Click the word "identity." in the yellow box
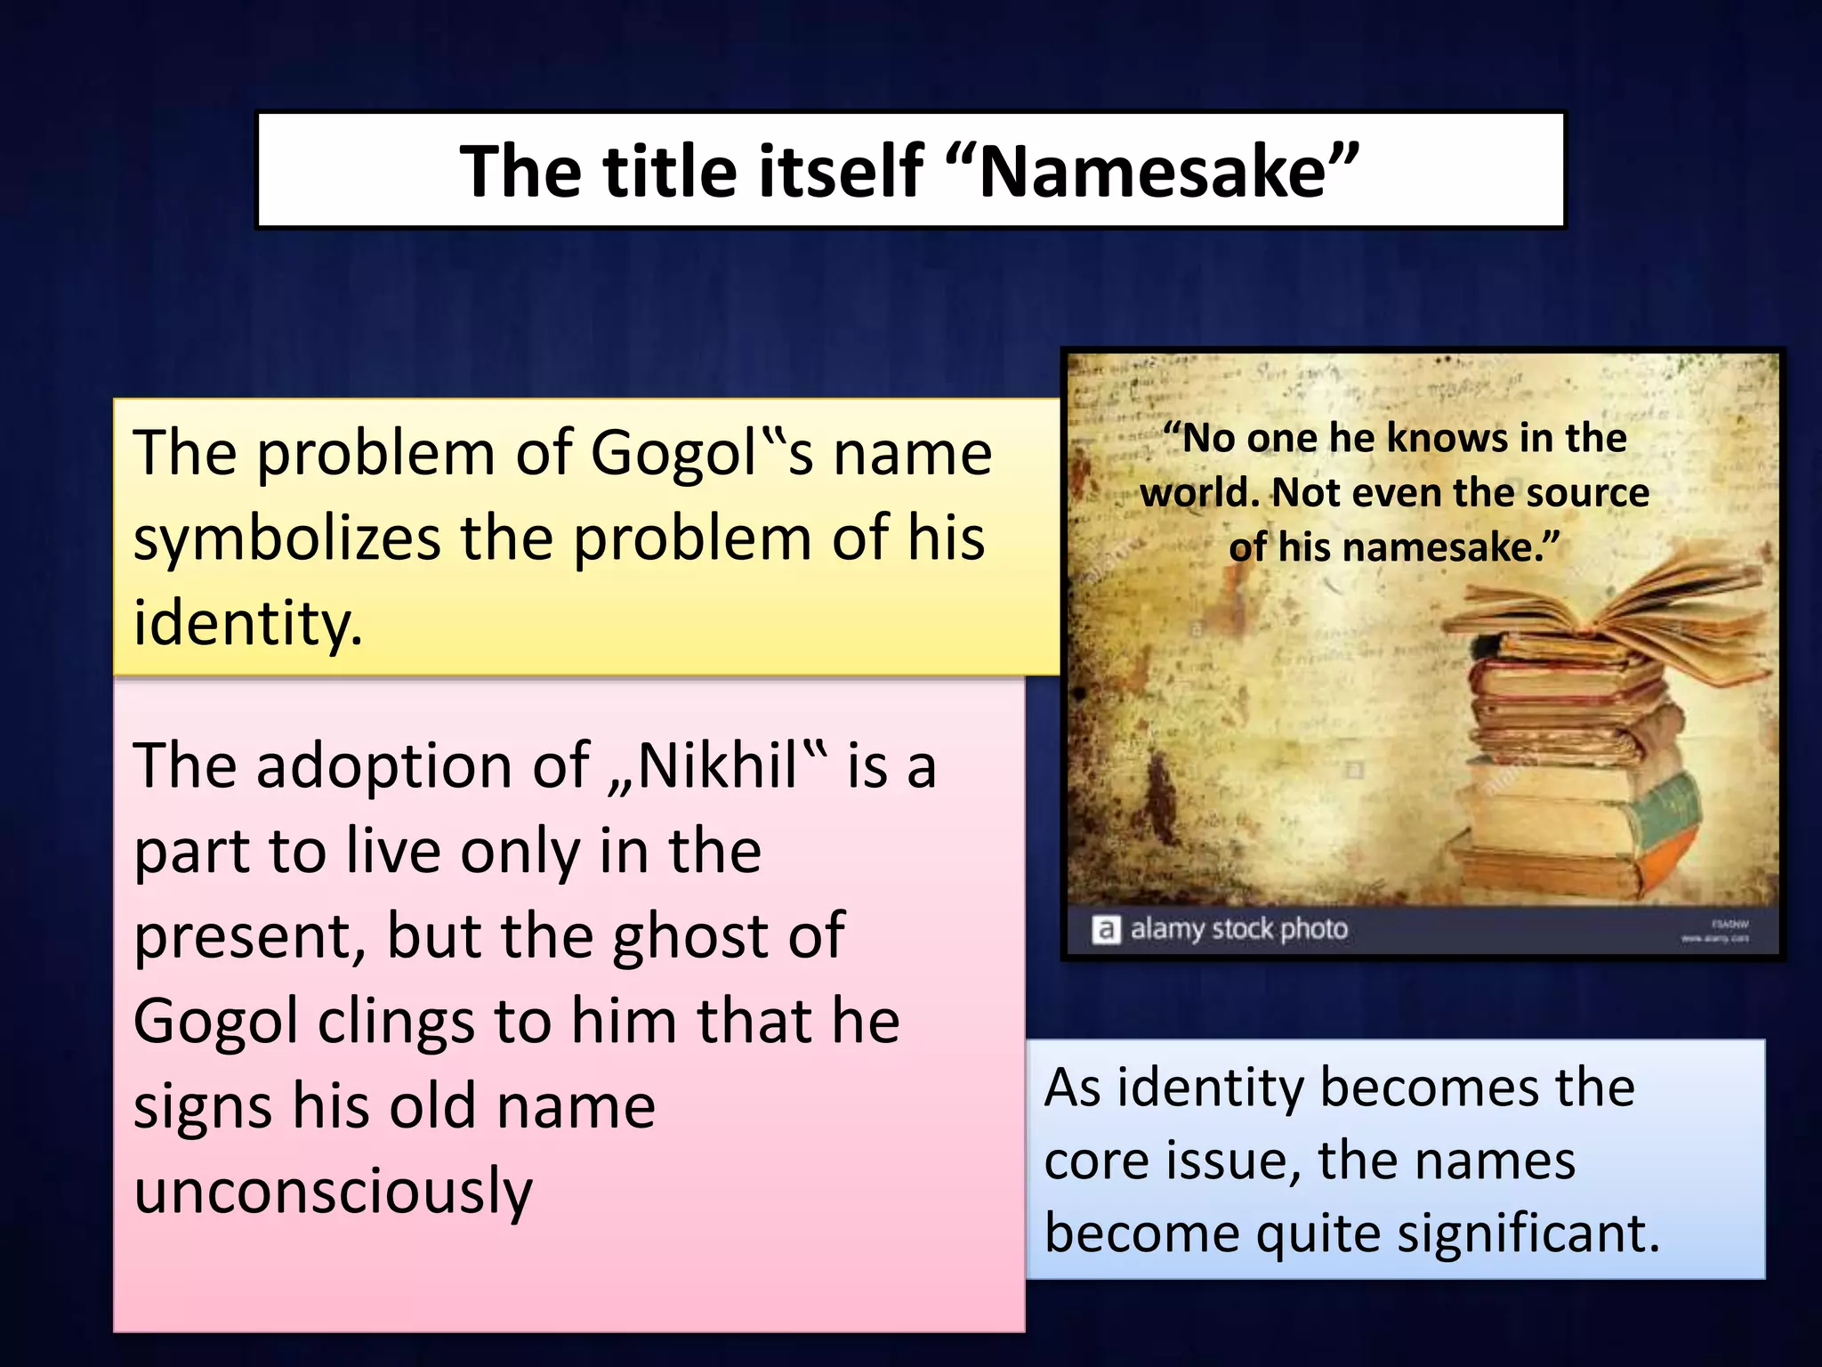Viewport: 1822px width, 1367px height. click(x=247, y=623)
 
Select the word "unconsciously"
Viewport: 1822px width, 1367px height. click(x=333, y=1191)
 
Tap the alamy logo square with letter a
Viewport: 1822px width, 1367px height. click(x=1105, y=930)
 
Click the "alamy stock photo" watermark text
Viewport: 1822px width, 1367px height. click(x=1238, y=930)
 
